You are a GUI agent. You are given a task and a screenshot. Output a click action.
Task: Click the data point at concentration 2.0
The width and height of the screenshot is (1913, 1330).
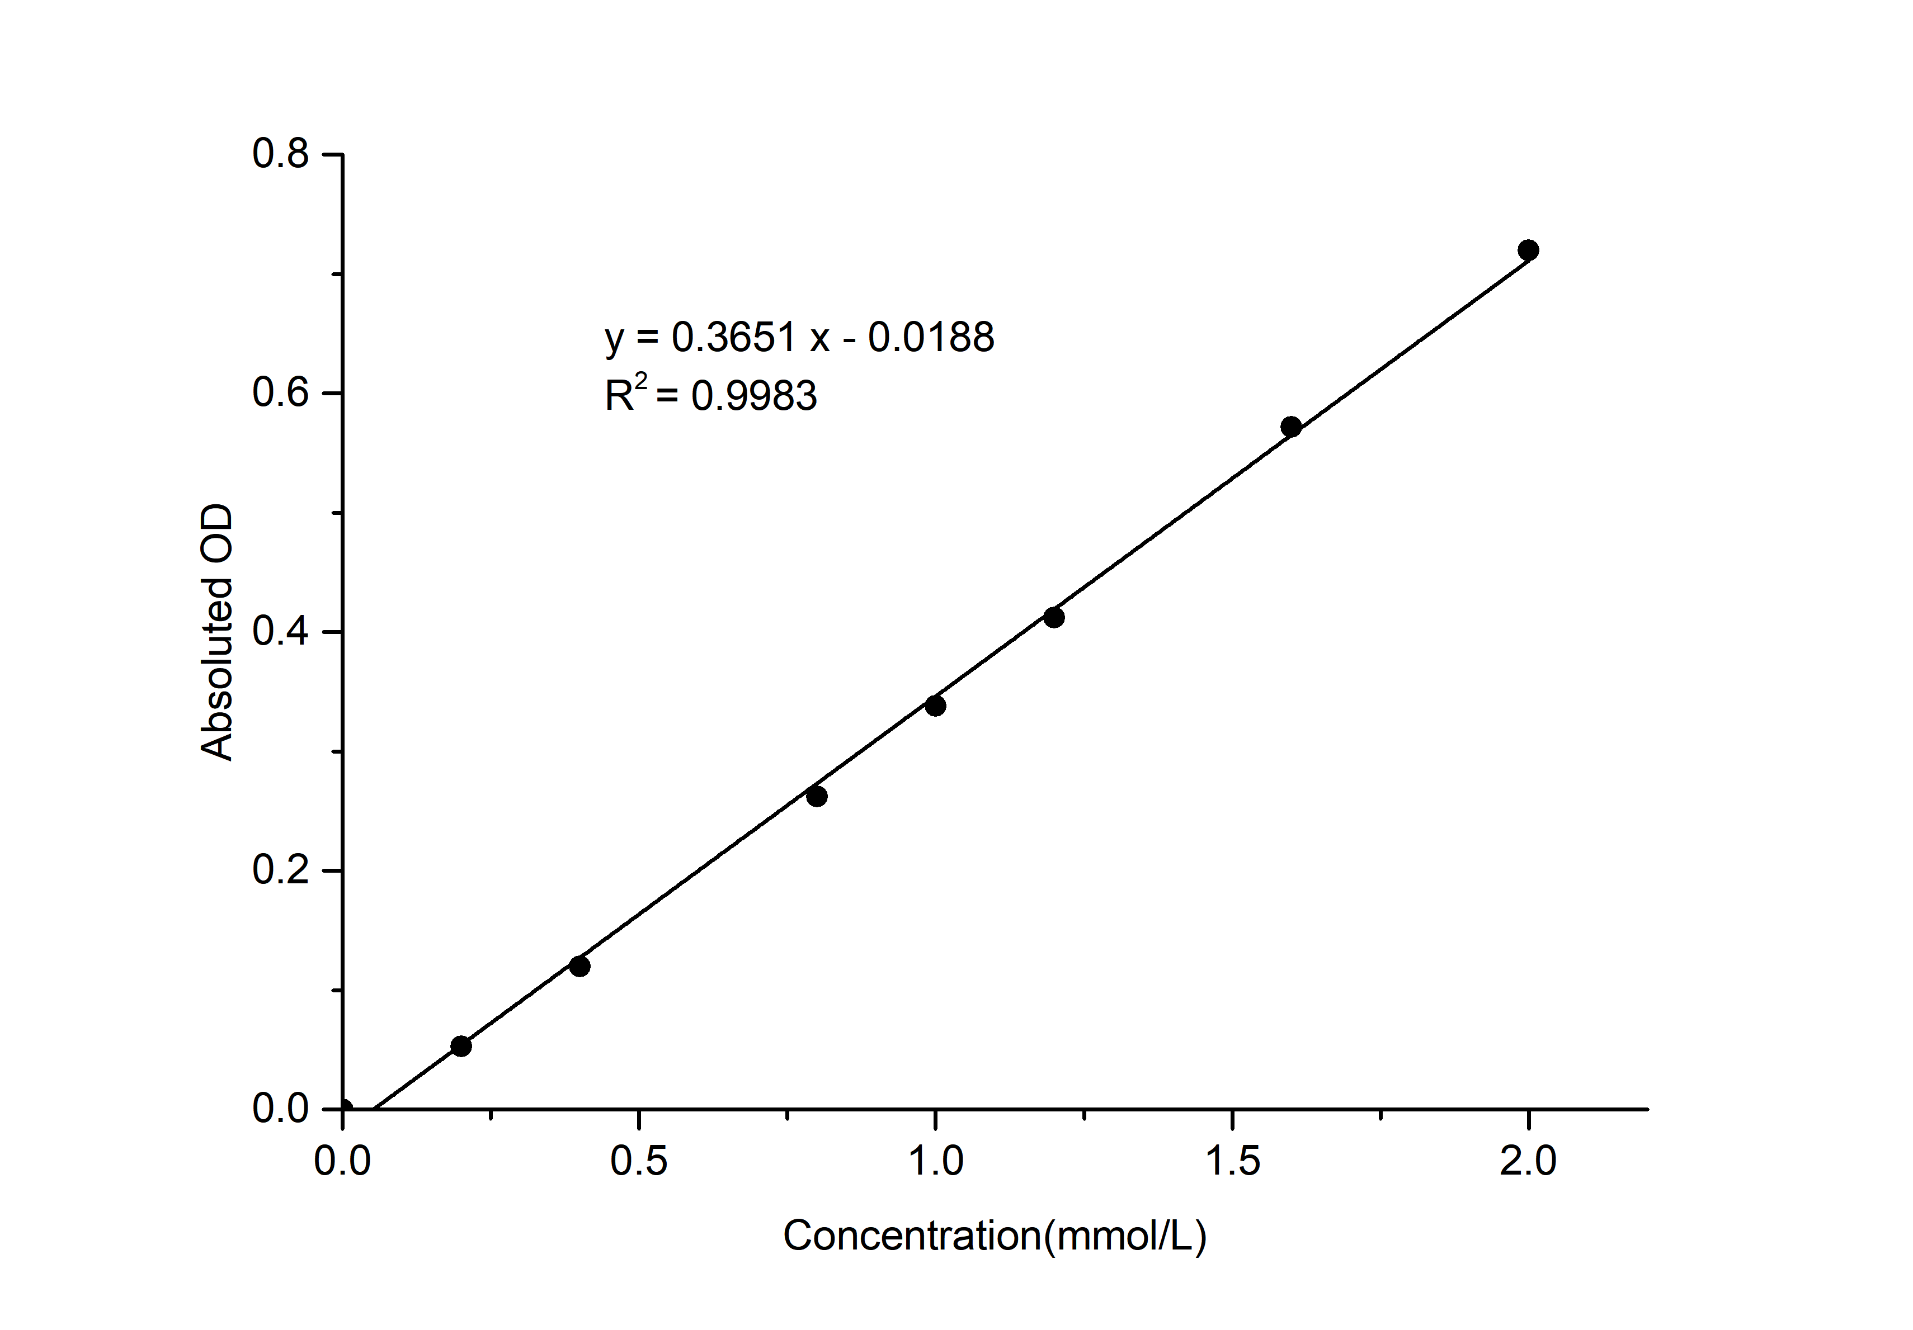click(x=1528, y=250)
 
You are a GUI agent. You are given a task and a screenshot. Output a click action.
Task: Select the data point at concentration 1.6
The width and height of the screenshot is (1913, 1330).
click(x=1290, y=427)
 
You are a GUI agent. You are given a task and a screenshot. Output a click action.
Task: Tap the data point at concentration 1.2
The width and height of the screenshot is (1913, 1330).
click(x=1054, y=617)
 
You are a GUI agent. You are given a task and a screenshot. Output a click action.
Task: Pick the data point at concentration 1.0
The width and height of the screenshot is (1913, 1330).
click(x=936, y=706)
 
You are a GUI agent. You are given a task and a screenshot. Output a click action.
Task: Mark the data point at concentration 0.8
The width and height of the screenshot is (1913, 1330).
click(x=817, y=796)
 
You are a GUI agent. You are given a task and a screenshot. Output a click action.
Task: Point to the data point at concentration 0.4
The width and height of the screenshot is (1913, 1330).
click(x=580, y=966)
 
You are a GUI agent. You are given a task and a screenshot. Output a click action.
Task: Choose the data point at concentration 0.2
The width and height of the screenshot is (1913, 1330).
click(x=461, y=1046)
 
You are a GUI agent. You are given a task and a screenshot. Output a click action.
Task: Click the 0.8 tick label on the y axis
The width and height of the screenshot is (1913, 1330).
click(x=281, y=154)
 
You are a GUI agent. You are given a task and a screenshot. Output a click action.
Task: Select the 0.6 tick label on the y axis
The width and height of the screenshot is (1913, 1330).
click(x=281, y=393)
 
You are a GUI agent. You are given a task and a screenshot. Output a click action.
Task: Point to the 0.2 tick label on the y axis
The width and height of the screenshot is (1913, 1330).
click(x=281, y=870)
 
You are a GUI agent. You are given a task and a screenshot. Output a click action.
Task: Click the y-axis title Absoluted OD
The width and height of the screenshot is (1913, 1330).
click(x=216, y=632)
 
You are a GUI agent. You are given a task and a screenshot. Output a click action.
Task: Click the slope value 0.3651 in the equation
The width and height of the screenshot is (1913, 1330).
click(x=733, y=337)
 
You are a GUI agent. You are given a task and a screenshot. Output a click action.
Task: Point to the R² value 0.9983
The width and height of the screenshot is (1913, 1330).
click(x=754, y=396)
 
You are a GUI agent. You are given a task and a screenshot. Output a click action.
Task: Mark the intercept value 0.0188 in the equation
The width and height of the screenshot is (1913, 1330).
click(x=931, y=337)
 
